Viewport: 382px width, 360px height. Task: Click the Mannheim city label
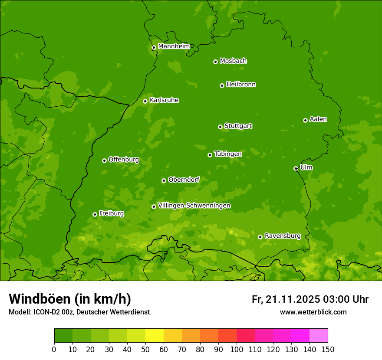tap(174, 46)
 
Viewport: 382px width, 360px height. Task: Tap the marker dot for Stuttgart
tap(220, 127)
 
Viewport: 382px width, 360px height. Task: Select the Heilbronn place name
tap(241, 85)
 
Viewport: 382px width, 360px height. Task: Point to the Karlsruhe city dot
tap(145, 101)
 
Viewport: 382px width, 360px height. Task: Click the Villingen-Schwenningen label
tap(194, 206)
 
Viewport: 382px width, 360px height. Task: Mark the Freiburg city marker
tap(95, 214)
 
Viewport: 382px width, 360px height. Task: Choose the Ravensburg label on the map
tap(282, 236)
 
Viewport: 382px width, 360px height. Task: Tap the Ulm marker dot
tap(296, 168)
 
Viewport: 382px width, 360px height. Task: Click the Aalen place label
tap(318, 119)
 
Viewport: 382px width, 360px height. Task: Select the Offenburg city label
tap(124, 160)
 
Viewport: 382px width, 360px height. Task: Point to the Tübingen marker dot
tap(210, 155)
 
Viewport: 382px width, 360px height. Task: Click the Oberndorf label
tap(184, 180)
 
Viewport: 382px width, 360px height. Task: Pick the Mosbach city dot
tap(215, 62)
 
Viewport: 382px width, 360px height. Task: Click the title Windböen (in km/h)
tap(70, 299)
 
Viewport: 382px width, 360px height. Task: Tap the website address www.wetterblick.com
tap(313, 312)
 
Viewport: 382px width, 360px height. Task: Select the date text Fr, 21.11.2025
tap(286, 299)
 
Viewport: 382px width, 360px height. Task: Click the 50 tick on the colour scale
tap(145, 349)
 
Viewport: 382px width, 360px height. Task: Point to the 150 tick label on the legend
tap(327, 349)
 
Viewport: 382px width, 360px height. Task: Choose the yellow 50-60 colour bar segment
tap(154, 336)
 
